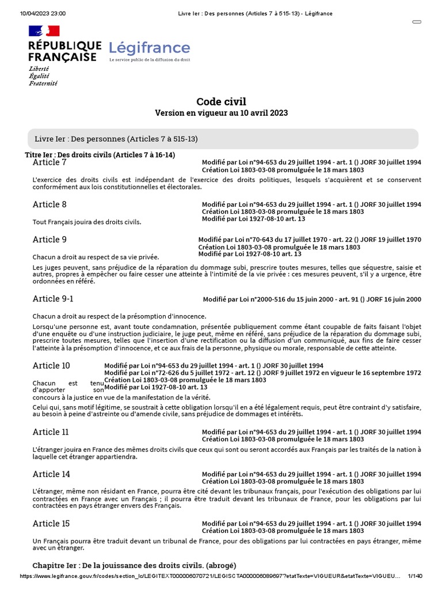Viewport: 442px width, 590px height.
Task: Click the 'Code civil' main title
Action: pos(221,102)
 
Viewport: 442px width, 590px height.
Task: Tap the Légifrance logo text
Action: pos(149,47)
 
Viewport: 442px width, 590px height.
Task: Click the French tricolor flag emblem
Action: pos(44,31)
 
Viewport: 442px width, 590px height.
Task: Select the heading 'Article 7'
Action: pos(49,163)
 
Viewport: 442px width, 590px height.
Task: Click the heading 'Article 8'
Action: pos(49,205)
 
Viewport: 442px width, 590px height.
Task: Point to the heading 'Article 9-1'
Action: pos(53,298)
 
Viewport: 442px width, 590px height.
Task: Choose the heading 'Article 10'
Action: pos(51,366)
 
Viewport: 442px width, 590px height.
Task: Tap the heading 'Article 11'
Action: pos(51,432)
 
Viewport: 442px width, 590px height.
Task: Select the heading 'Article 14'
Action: pos(51,474)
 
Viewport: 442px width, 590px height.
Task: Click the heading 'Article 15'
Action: pos(51,524)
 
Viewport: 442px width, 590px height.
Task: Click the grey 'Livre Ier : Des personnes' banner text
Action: pos(116,139)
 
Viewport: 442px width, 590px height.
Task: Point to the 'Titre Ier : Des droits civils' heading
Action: pos(100,155)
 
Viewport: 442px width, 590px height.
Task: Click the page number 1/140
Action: pos(414,576)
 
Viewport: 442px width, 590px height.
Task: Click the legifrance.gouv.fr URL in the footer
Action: pos(209,576)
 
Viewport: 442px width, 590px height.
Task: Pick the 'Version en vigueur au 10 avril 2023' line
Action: pos(221,114)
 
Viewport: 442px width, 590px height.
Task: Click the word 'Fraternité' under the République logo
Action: pos(43,83)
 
